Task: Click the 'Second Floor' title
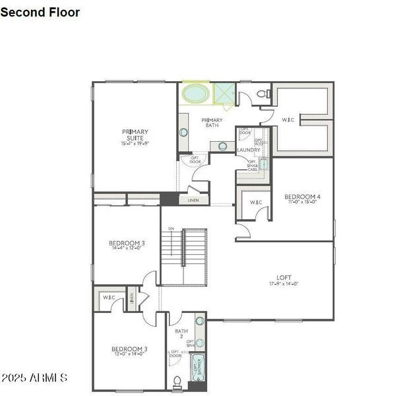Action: pos(40,12)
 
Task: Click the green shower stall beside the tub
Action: pos(224,94)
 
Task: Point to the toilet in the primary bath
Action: pos(262,94)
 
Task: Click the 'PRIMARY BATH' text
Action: pos(212,122)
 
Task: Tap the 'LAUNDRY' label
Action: pos(249,150)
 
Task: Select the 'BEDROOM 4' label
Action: pos(302,197)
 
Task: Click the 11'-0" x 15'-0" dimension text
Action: pos(302,203)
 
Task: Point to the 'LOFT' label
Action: pos(284,277)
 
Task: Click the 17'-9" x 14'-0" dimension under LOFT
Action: pos(284,284)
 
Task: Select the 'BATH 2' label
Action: pos(181,334)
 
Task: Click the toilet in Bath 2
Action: pos(177,381)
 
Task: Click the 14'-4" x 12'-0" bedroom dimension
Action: pos(127,249)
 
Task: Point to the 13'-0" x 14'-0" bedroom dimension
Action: pos(129,354)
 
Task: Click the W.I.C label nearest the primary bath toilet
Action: pos(288,119)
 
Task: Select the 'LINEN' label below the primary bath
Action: pos(193,200)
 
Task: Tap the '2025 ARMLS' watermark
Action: pos(34,378)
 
